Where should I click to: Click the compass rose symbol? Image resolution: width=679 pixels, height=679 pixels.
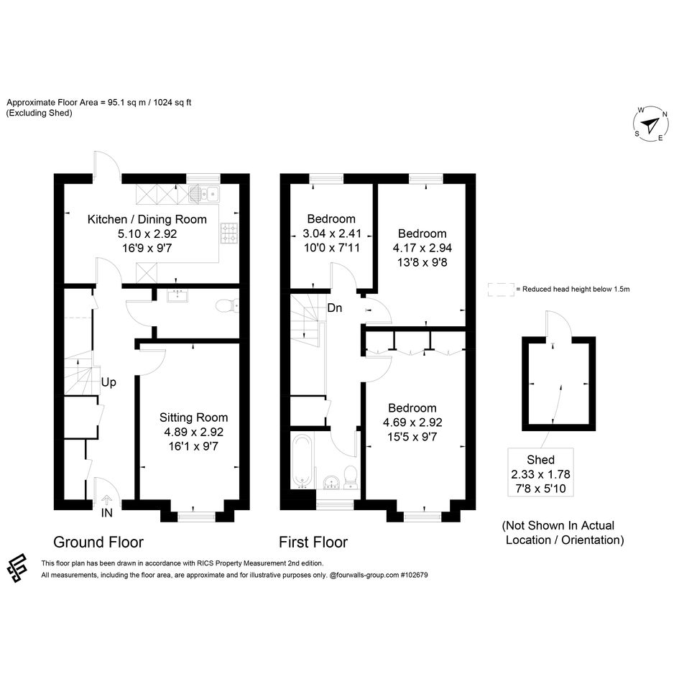650,124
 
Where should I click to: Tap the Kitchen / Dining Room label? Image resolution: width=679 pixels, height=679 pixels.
147,219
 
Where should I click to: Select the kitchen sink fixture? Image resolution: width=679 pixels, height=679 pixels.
204,194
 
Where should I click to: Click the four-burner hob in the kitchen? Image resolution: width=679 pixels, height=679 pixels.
229,233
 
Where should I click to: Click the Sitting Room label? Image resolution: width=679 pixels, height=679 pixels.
193,417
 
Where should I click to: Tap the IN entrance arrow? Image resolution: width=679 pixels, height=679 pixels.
106,500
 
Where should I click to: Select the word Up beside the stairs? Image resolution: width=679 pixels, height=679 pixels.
108,382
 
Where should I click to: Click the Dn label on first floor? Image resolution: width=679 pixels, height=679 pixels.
335,308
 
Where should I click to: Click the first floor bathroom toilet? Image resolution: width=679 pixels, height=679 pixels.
351,477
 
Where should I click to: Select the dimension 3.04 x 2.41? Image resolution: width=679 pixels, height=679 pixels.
332,234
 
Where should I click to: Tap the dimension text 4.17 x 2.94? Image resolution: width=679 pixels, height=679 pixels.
422,248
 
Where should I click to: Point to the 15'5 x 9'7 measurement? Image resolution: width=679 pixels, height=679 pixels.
412,437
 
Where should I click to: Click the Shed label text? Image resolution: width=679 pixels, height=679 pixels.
540,459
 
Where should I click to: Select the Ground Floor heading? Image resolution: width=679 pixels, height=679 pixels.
98,542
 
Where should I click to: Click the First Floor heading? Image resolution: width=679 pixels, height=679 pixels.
313,542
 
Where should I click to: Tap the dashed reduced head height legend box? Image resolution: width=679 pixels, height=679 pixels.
501,290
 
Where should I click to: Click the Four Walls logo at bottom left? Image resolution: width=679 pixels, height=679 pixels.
17,568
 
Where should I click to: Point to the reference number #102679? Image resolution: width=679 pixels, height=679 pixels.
414,575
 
